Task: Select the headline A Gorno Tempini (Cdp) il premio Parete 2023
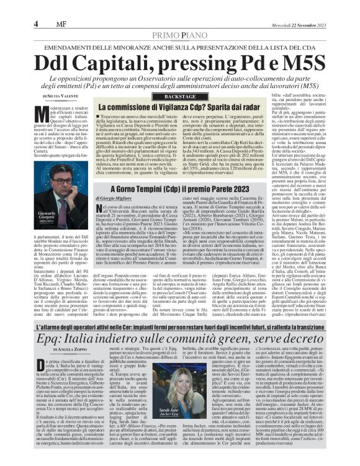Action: click(179, 188)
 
